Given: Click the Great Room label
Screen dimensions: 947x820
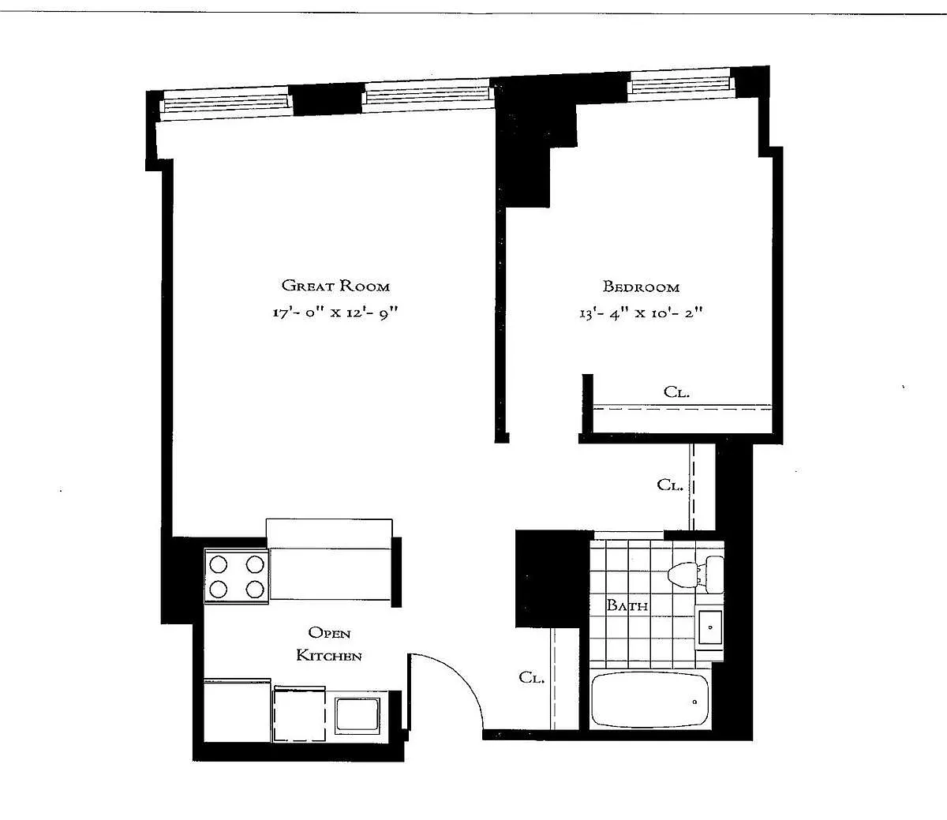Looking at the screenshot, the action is [x=335, y=286].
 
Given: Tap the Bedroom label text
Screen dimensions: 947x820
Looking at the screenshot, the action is [x=641, y=286].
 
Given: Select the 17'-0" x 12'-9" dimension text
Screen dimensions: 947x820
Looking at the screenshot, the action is [x=335, y=313].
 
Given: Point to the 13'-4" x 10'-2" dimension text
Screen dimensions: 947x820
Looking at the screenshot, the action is [x=641, y=313].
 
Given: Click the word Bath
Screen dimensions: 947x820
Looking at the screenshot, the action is [x=627, y=605].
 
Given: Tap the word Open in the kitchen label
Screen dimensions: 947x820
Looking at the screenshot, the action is [x=329, y=633].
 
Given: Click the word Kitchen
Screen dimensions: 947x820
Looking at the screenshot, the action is [x=329, y=656].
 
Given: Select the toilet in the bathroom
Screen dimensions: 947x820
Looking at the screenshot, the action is [x=695, y=575].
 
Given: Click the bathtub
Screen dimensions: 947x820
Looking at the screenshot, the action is [x=650, y=700].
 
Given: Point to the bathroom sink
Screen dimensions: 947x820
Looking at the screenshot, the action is [x=709, y=627].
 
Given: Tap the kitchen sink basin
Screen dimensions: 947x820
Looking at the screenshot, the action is [x=357, y=715].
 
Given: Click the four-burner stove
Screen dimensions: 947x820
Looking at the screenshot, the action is [x=237, y=576].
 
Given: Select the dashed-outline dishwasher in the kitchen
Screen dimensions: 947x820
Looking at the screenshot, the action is [x=300, y=713].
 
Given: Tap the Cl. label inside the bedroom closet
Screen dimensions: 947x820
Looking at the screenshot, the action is [x=676, y=392].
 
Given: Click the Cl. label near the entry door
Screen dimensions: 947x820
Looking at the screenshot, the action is [x=531, y=677].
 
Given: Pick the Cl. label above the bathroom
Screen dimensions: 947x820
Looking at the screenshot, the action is [x=670, y=485].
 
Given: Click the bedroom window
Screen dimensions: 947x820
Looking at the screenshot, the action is [x=680, y=82].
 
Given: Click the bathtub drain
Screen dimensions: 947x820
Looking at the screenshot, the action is [x=695, y=702].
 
